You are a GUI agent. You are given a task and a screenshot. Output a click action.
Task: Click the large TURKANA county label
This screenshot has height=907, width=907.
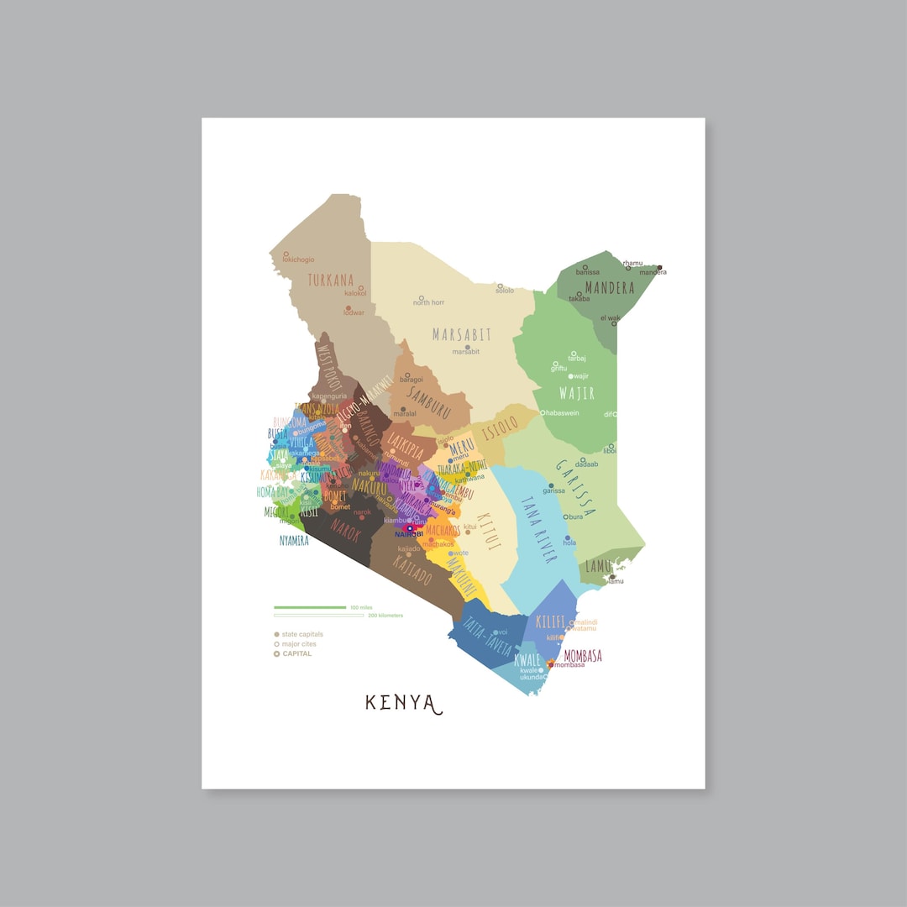coord(331,280)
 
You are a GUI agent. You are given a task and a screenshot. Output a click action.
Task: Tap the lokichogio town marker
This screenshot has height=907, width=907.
coord(286,254)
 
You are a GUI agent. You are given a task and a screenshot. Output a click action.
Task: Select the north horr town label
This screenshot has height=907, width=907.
coord(429,302)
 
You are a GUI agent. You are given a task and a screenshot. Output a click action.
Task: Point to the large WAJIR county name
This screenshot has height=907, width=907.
coord(576,393)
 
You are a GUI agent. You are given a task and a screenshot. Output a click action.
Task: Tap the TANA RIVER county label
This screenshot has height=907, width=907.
coord(537,529)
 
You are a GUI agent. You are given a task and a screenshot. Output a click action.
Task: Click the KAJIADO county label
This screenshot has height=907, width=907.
coord(412,571)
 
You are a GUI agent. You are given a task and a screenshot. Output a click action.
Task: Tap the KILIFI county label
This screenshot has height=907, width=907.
coord(550,622)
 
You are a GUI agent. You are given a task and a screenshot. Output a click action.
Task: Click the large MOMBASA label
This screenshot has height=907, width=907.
coord(583,655)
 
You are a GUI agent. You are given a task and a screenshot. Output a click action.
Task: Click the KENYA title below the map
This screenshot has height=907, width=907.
coord(403,703)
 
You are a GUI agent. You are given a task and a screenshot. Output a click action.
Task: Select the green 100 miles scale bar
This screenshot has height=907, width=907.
coord(310,607)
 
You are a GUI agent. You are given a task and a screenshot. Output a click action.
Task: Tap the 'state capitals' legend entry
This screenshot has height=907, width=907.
coord(301,635)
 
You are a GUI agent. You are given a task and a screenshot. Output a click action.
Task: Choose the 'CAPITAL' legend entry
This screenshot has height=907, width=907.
coord(296,653)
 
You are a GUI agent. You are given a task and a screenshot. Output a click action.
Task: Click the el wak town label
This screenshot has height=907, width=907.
coord(610,318)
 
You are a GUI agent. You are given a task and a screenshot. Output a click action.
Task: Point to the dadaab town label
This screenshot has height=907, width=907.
coord(587,464)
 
